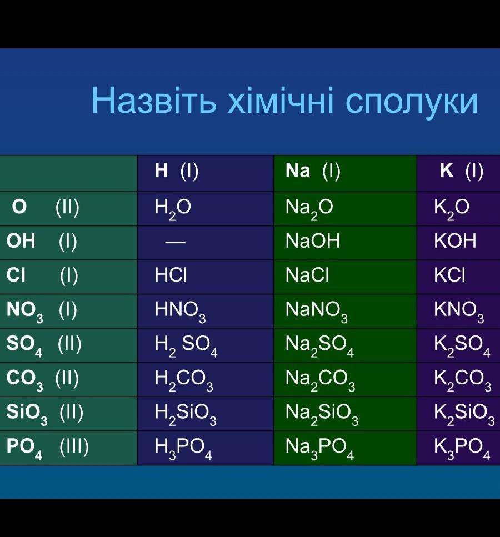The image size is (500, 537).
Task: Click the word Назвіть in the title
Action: coord(154,101)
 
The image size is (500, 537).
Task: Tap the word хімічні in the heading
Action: coord(281,101)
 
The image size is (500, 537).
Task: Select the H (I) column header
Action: coord(177,171)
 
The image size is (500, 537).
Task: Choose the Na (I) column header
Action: coord(313,171)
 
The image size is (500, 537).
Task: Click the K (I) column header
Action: coord(462,171)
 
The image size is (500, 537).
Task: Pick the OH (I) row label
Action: coord(42,241)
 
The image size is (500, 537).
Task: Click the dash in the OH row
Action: coord(175,242)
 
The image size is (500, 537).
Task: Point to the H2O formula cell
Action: coord(173,209)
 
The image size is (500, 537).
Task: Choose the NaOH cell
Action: coord(313,241)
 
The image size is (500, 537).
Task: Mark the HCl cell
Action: coord(171,275)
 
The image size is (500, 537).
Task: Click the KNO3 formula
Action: coord(459,312)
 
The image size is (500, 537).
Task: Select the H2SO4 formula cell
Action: coord(186,345)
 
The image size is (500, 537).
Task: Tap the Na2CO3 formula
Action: coord(320,380)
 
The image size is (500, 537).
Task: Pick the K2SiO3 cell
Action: coord(464,414)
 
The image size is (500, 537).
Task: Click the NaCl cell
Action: coord(307,275)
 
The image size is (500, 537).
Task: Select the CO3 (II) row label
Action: coord(42,379)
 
